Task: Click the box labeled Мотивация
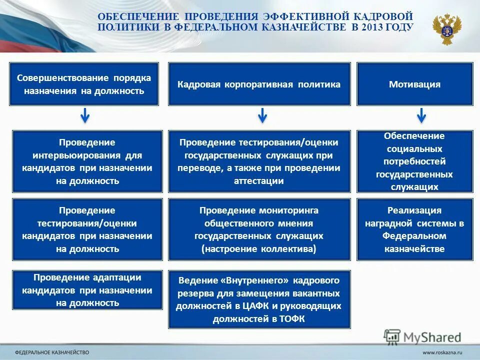pyautogui.click(x=414, y=84)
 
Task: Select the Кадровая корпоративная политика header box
pyautogui.click(x=259, y=84)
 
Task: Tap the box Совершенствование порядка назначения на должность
pyautogui.click(x=84, y=84)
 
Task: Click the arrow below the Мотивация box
pyautogui.click(x=421, y=116)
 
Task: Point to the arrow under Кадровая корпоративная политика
pyautogui.click(x=262, y=116)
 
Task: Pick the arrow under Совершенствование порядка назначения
pyautogui.click(x=85, y=116)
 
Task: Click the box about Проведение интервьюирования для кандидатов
pyautogui.click(x=87, y=161)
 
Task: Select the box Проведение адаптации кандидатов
pyautogui.click(x=87, y=290)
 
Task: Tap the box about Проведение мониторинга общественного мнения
pyautogui.click(x=259, y=229)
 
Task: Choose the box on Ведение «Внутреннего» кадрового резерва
pyautogui.click(x=259, y=299)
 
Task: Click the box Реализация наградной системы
pyautogui.click(x=414, y=229)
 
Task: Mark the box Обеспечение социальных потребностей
pyautogui.click(x=414, y=161)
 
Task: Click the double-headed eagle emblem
pyautogui.click(x=447, y=29)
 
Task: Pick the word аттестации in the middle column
pyautogui.click(x=258, y=181)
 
